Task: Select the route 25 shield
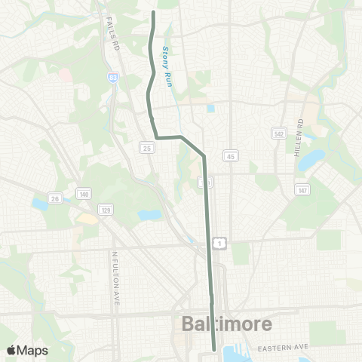pos(146,148)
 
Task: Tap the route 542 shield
pos(278,133)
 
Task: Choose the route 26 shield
pos(55,198)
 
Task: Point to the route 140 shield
pos(84,195)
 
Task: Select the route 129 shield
pos(106,209)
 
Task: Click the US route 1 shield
pos(218,242)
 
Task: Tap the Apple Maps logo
pos(26,350)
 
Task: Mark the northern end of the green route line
pos(154,12)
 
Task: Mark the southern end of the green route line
pos(214,349)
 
